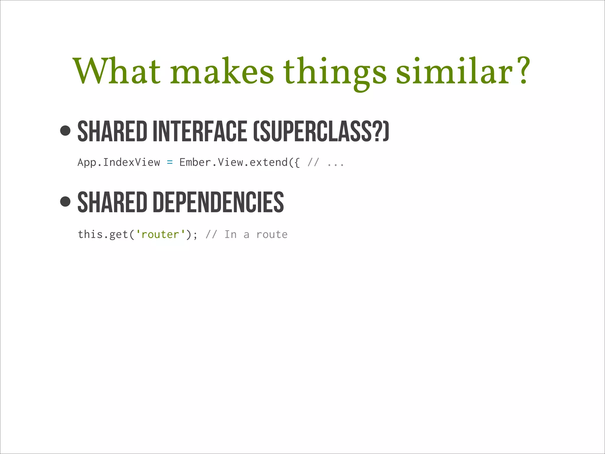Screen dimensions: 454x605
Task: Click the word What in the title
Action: pyautogui.click(x=117, y=72)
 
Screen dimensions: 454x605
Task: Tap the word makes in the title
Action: pyautogui.click(x=222, y=72)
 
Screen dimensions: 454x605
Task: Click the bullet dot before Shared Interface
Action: pyautogui.click(x=65, y=130)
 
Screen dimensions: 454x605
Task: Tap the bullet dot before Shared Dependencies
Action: pyautogui.click(x=65, y=202)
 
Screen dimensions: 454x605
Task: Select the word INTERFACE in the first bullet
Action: pyautogui.click(x=200, y=131)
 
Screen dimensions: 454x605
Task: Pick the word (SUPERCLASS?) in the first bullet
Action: pyautogui.click(x=321, y=131)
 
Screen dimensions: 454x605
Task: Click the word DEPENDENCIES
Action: pyautogui.click(x=218, y=202)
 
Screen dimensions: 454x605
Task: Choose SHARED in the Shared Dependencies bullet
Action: pyautogui.click(x=112, y=202)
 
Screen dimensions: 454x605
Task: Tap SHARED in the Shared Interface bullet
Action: pyautogui.click(x=112, y=131)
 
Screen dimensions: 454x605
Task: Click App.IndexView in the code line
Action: pyautogui.click(x=119, y=163)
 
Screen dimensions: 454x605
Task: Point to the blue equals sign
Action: pyautogui.click(x=170, y=163)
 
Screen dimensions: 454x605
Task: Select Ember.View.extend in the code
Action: pyautogui.click(x=233, y=163)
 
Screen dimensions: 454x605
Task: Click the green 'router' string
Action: pyautogui.click(x=160, y=235)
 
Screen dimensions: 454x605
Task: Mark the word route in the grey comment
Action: pyautogui.click(x=272, y=235)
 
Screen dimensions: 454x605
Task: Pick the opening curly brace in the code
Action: pyautogui.click(x=297, y=163)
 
